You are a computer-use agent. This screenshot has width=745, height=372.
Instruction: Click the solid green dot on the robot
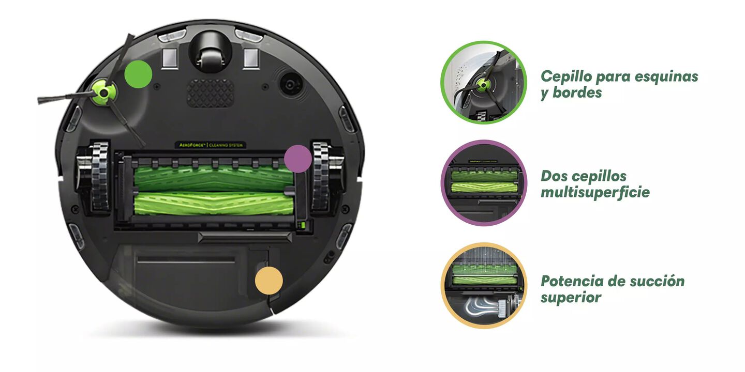click(138, 74)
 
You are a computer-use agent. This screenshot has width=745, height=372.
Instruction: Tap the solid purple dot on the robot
click(298, 159)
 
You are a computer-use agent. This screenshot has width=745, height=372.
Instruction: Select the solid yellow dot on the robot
click(269, 281)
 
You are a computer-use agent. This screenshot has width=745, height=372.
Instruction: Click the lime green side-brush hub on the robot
click(104, 92)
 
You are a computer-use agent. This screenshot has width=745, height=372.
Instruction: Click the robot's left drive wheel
click(94, 177)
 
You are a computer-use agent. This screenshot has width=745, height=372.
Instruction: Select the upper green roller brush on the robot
click(214, 178)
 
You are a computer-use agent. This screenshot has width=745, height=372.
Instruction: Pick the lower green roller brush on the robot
click(214, 204)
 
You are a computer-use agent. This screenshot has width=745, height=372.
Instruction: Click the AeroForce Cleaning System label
click(211, 145)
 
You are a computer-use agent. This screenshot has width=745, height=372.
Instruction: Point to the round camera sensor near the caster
click(291, 84)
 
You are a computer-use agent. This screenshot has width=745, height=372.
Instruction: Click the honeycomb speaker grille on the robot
click(210, 93)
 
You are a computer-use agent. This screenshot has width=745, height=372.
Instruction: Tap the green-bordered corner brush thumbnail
click(484, 82)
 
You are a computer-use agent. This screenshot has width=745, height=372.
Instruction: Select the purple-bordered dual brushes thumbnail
click(484, 183)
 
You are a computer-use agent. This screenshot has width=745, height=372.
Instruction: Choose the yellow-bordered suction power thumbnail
click(484, 286)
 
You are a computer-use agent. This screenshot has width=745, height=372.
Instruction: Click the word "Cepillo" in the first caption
click(566, 77)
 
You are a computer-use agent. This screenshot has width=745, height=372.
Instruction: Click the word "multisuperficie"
click(595, 192)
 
